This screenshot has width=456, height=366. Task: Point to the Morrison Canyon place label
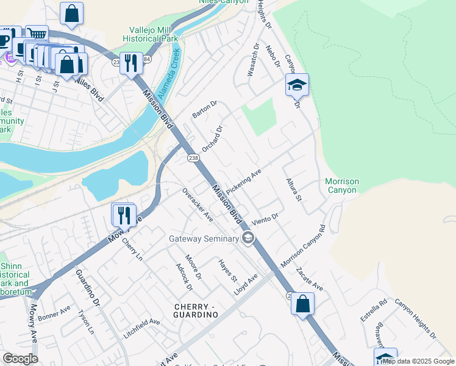click(341, 186)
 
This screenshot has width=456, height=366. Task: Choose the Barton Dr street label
click(204, 110)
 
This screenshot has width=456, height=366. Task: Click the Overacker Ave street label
click(198, 204)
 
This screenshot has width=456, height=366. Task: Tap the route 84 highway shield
click(147, 59)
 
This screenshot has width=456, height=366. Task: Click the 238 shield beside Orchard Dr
click(192, 157)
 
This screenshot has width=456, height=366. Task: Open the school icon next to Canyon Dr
click(297, 85)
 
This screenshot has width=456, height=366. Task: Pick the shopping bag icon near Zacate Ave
click(302, 303)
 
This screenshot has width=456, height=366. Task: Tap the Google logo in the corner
click(20, 359)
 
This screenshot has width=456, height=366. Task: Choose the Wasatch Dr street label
click(253, 60)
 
